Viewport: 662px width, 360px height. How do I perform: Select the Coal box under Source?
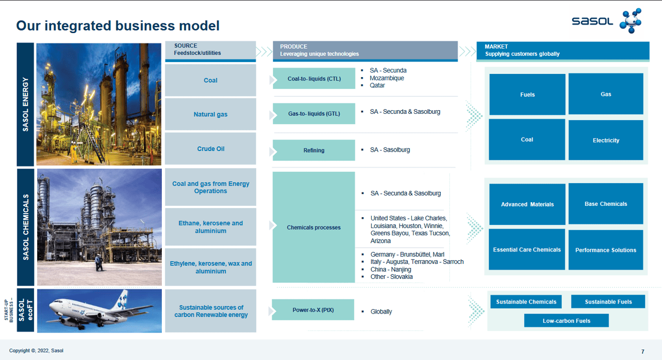pos(210,80)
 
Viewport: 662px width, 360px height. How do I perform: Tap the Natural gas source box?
pos(210,114)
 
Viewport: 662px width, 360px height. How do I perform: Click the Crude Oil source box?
pos(210,149)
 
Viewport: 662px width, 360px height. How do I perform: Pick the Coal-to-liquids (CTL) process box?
pos(314,79)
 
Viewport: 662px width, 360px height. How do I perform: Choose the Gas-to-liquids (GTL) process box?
pos(314,114)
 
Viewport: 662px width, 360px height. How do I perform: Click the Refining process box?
pos(314,151)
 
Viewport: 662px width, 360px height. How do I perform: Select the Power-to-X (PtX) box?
pos(313,310)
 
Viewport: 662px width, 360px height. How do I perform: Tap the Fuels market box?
pos(527,95)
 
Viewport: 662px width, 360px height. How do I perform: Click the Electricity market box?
pos(606,140)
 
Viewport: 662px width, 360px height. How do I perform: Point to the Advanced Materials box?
pos(527,204)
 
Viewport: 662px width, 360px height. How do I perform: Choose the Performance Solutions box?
pos(606,250)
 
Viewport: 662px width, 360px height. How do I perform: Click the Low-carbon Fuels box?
pos(566,321)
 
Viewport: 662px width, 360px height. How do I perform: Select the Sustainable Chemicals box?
pos(526,302)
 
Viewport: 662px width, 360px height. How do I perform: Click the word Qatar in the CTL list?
pos(377,85)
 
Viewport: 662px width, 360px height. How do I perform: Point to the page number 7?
pos(643,352)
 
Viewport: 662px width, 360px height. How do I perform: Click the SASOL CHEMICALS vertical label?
pos(26,228)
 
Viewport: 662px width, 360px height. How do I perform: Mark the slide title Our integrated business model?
pos(118,25)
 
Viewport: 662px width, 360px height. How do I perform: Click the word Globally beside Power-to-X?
pos(381,312)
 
